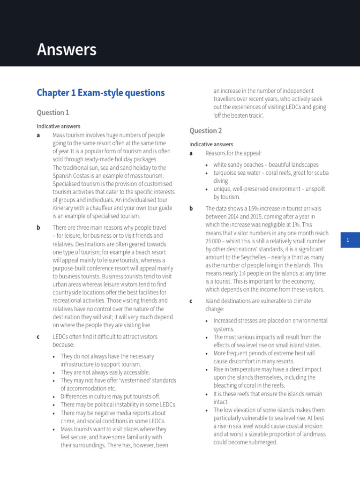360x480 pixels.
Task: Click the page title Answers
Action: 67,49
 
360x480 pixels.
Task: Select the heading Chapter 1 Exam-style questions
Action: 101,93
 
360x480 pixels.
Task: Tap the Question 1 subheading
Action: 52,112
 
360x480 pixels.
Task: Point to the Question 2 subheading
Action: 205,131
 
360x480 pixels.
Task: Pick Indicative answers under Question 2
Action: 211,144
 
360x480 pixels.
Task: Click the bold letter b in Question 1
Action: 38,228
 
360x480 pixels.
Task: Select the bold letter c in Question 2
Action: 191,301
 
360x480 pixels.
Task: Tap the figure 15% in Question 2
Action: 246,209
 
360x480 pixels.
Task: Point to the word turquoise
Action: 226,173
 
